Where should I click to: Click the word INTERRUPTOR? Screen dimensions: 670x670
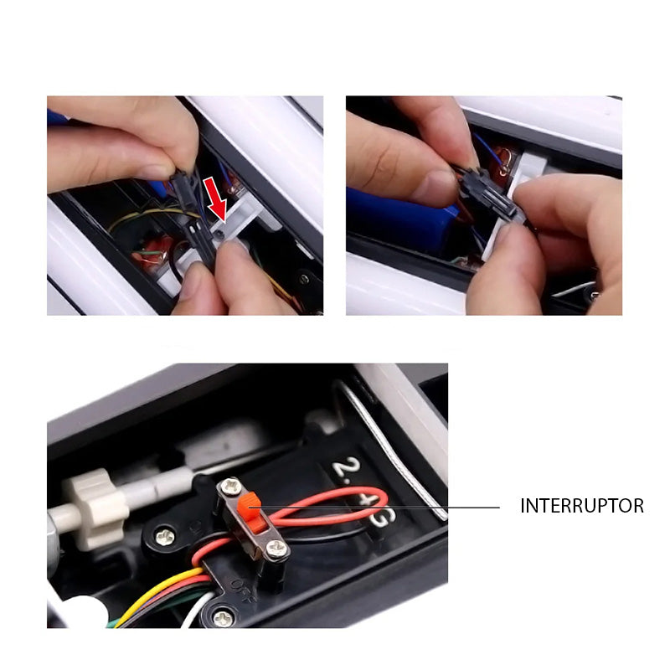click(x=582, y=506)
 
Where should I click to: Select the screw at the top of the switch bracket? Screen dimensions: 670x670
click(x=228, y=487)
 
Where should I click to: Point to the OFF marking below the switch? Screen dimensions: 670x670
click(x=243, y=581)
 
